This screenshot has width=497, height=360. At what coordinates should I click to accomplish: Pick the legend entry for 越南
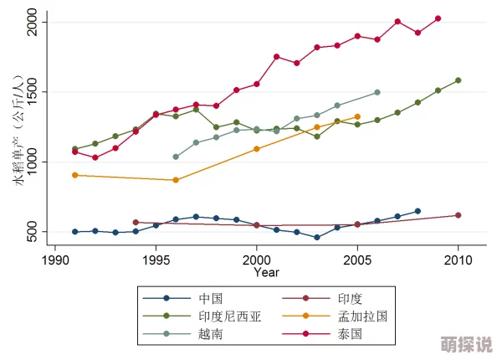pos(209,334)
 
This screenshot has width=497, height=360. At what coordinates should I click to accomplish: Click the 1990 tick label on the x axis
pos(55,260)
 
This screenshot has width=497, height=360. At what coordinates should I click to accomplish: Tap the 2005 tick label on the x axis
pos(357,260)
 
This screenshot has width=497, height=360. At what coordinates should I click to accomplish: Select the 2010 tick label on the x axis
pos(458,260)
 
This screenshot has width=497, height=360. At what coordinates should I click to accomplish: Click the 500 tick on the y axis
pos(34,232)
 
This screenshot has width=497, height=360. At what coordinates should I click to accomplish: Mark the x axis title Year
pos(267,272)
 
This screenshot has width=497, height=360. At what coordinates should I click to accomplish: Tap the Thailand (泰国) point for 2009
pos(438,18)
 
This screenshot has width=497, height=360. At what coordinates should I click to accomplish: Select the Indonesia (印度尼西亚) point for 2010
pos(458,80)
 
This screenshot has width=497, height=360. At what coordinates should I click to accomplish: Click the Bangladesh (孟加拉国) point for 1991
pos(75,175)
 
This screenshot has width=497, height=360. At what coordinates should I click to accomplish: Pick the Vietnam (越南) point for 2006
pos(377,92)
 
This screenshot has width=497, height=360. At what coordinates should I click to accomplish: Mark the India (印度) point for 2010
pos(458,215)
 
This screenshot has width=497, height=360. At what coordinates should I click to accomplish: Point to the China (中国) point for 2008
pos(418,211)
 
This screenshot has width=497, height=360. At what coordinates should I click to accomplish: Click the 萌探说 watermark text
pos(466,344)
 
